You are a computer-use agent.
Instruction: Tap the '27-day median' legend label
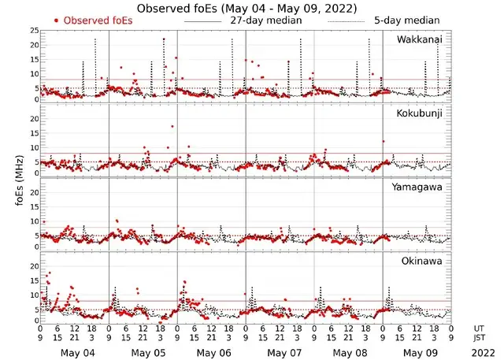coord(265,20)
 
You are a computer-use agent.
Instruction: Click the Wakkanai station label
coord(421,39)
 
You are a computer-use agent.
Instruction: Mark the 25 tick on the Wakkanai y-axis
coord(33,30)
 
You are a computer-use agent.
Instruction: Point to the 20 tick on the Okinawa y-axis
coord(33,266)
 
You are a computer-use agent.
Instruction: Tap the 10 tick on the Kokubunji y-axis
coord(33,147)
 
